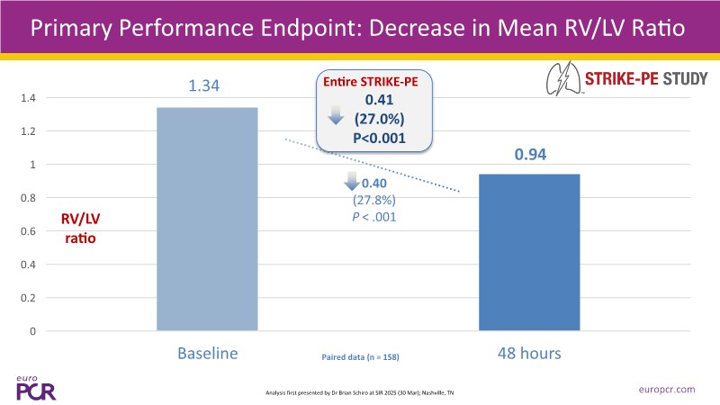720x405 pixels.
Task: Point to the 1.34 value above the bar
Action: pyautogui.click(x=204, y=87)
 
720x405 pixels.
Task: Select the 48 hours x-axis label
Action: pyautogui.click(x=528, y=354)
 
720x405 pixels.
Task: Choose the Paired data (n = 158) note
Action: pyautogui.click(x=360, y=357)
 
